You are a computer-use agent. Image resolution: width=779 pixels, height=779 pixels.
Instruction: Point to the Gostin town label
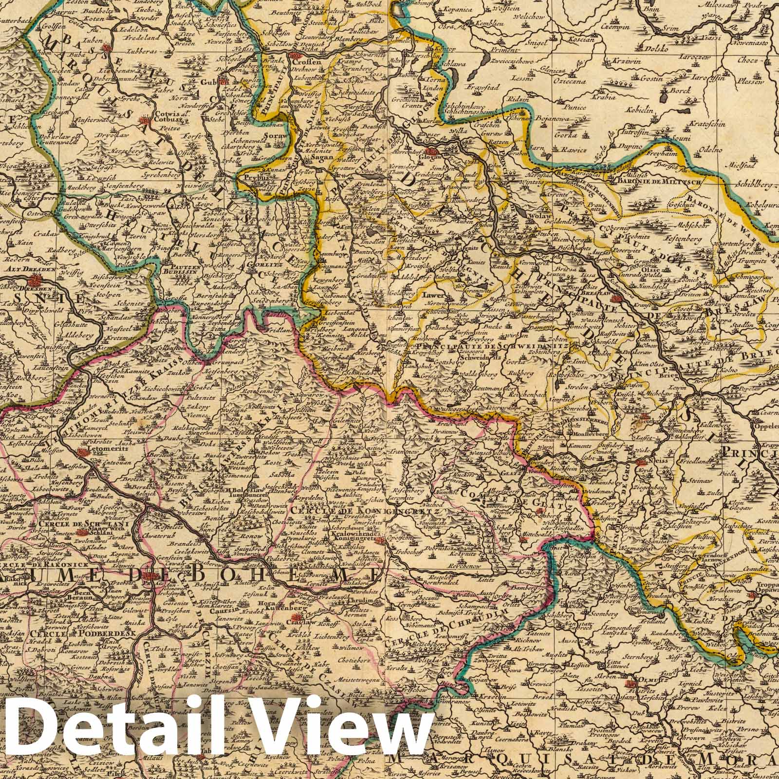click(x=639, y=78)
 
